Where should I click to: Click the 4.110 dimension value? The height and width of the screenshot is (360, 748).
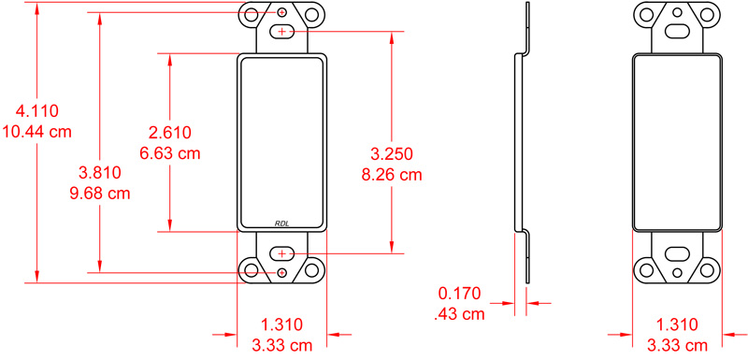[37, 111]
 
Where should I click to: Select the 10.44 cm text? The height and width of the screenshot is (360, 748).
[37, 131]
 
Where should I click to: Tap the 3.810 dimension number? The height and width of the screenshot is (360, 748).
[100, 173]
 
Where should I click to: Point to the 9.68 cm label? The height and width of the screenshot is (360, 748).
[100, 194]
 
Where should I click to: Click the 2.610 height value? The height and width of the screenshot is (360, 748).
[170, 133]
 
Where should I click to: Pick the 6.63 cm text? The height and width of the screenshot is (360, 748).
[170, 153]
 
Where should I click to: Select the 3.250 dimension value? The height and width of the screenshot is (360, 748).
[392, 153]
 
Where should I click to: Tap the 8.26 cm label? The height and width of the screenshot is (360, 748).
[392, 175]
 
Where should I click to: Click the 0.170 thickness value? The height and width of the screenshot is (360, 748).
[459, 294]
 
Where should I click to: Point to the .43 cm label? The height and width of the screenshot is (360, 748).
[459, 314]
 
